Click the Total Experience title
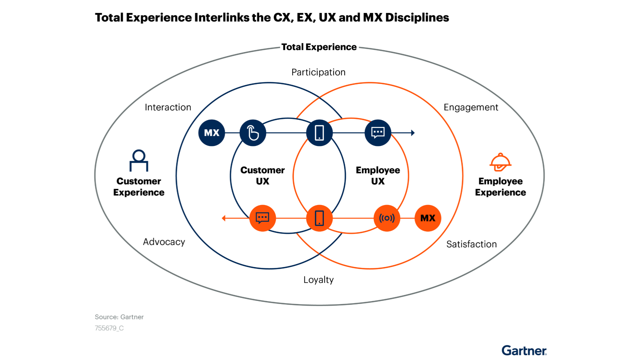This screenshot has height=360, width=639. pos(319,47)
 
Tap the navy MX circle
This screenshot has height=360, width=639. pos(212,133)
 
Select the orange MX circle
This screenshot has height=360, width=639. pos(428,218)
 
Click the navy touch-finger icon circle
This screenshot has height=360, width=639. pos(253,133)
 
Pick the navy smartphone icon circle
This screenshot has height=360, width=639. pos(319,133)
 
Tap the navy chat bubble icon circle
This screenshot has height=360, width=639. pos(378,133)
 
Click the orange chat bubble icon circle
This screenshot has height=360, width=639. pos(263,218)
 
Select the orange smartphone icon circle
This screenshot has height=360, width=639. pos(319,218)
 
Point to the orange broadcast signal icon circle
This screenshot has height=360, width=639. pos(387,218)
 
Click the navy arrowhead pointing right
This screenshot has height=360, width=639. pos(413,133)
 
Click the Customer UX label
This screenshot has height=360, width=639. pos(263,176)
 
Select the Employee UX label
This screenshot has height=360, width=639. pos(378,176)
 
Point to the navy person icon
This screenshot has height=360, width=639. pos(139,160)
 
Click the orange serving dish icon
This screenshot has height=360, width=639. pos(500,162)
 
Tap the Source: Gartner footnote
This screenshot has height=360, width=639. pos(119,317)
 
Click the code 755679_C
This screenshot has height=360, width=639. pos(109,328)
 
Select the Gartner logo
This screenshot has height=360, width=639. pos(524,350)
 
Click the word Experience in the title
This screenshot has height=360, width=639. pos(331,47)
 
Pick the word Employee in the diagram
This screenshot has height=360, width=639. pos(378,170)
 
